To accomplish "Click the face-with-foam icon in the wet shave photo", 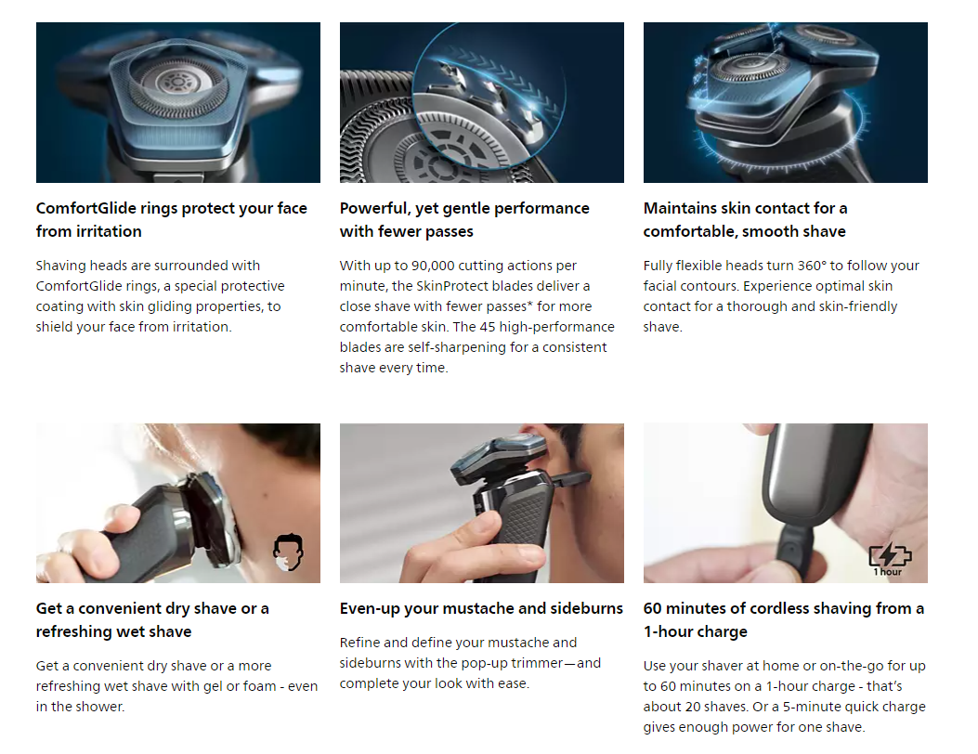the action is coord(288,552).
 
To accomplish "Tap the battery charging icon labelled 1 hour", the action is coord(890,559).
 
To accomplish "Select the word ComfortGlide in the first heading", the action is coord(85,208).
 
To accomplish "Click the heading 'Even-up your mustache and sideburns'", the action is coord(481,609).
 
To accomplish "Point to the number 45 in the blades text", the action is coord(488,327).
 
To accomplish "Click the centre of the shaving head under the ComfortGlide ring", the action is coord(177,83).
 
